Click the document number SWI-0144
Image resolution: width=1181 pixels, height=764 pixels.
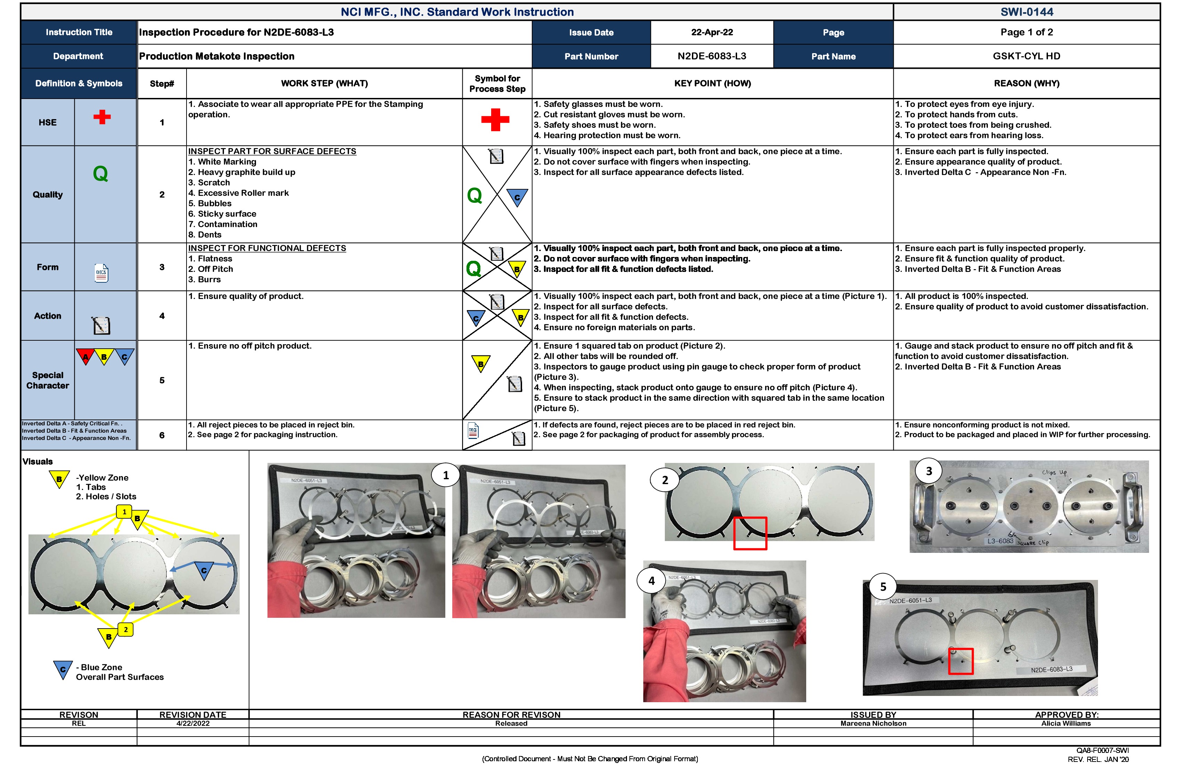click(1026, 12)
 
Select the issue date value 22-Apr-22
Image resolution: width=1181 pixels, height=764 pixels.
click(712, 32)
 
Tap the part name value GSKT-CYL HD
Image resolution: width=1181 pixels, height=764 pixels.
click(1026, 56)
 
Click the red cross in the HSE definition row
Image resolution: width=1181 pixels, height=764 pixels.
click(102, 117)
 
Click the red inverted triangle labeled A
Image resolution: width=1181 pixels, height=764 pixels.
click(85, 356)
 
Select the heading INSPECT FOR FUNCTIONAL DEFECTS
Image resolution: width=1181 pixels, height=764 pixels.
click(267, 248)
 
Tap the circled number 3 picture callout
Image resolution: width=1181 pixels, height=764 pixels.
click(929, 471)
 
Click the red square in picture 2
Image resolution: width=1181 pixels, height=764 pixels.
click(750, 533)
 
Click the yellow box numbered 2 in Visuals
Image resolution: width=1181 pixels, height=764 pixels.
click(125, 630)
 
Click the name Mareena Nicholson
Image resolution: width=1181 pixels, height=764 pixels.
click(873, 723)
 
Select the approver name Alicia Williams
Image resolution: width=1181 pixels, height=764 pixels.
click(1066, 723)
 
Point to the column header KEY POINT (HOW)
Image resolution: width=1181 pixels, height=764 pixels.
click(712, 83)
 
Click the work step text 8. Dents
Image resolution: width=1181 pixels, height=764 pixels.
click(205, 235)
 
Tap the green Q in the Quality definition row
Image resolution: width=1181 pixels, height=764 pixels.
click(100, 174)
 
